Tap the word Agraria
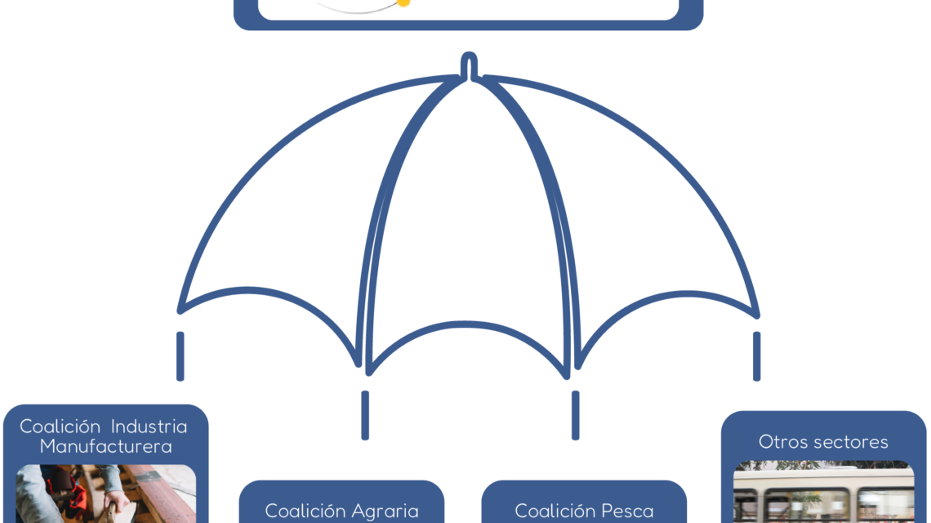(385, 511)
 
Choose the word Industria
(149, 426)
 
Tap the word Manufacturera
(105, 446)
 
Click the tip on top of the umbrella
(469, 56)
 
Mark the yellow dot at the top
(403, 2)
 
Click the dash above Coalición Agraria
(365, 415)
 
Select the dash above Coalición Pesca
(576, 415)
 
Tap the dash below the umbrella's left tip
(180, 356)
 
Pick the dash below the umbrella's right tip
(756, 356)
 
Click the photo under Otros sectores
(823, 492)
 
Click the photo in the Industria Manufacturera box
(105, 494)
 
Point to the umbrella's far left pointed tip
(180, 311)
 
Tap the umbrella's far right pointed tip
(757, 315)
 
